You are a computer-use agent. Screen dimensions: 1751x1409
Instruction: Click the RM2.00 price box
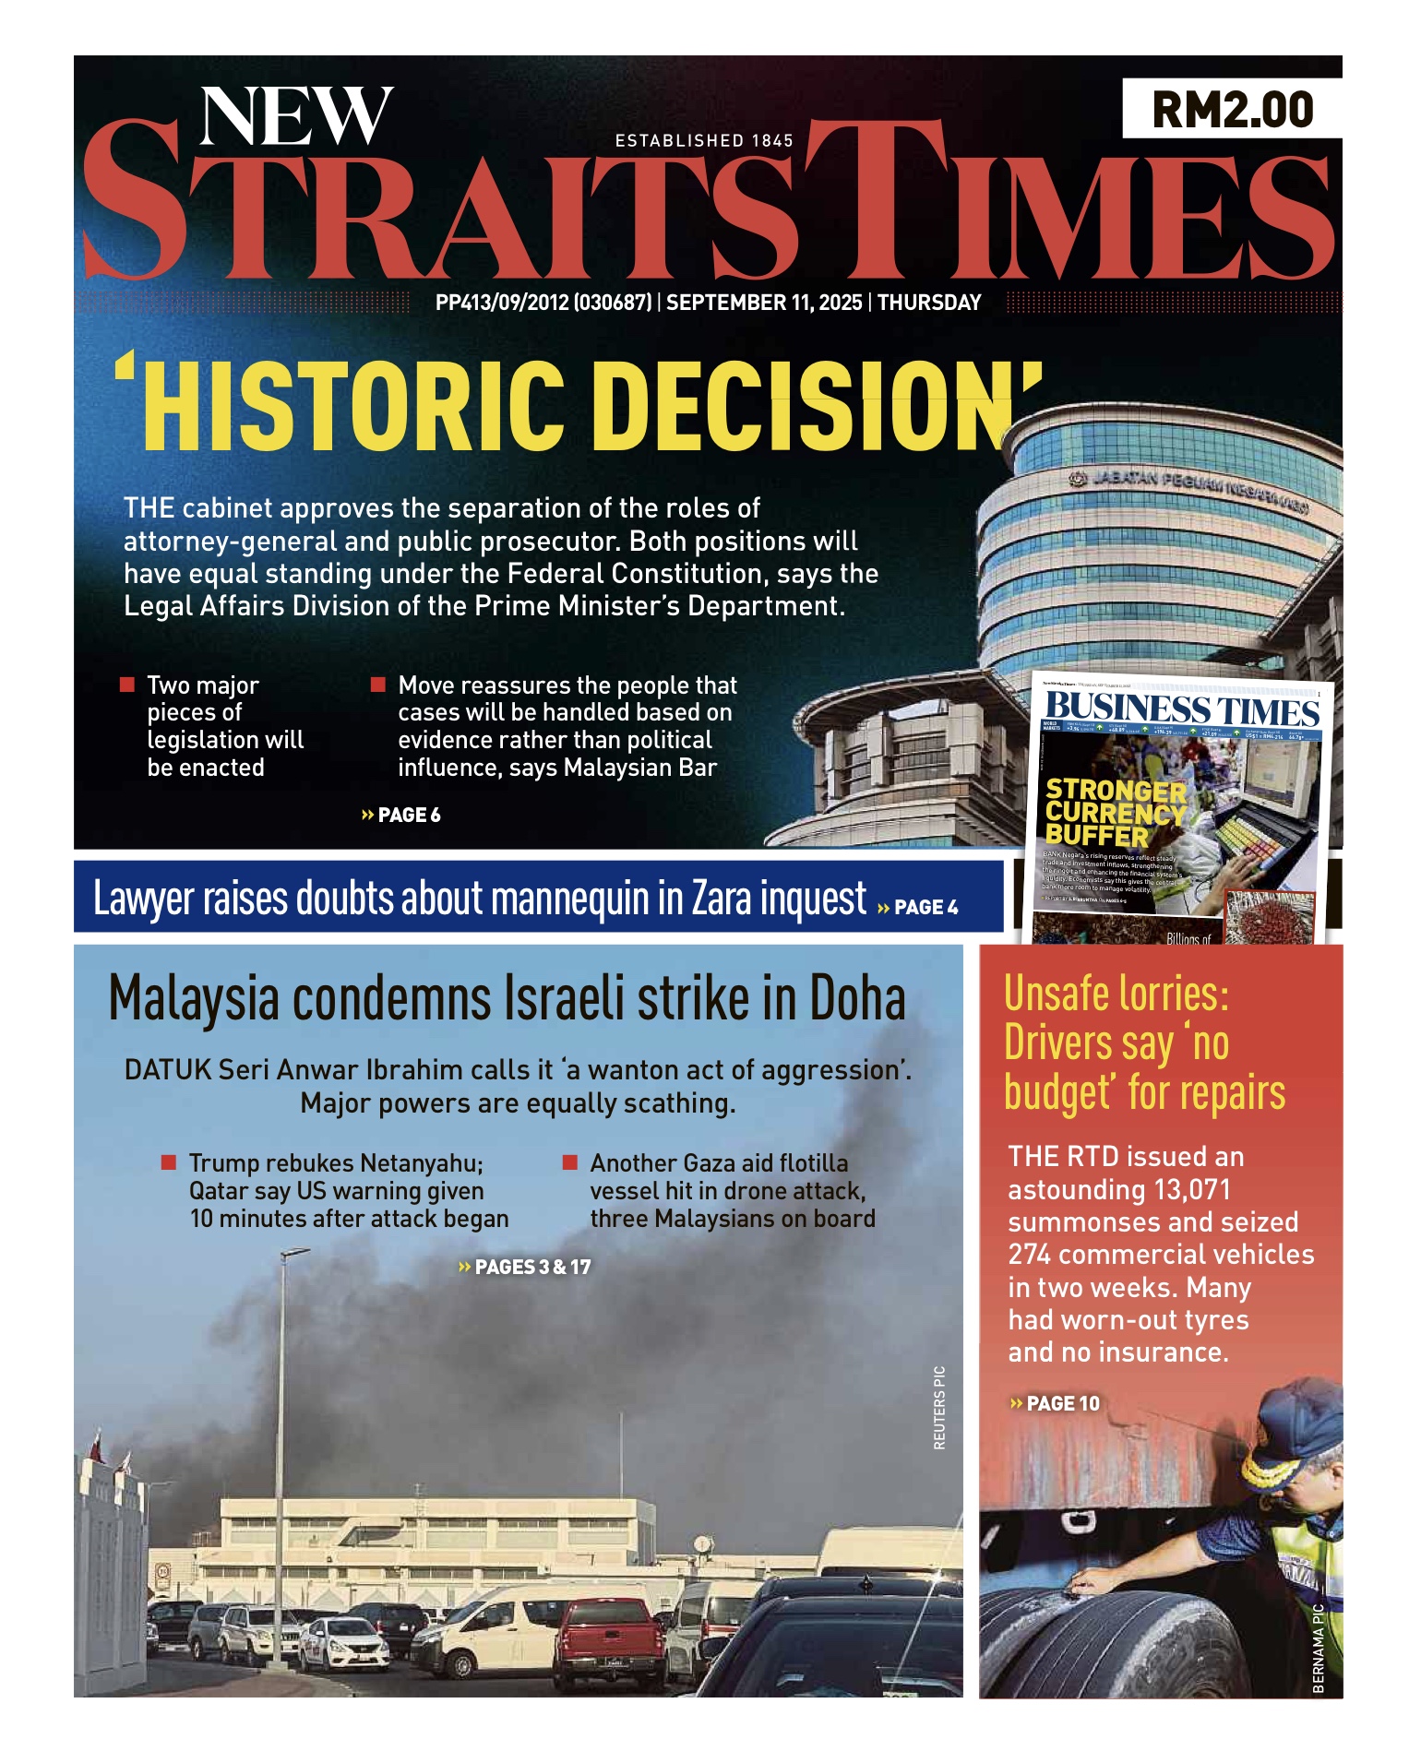point(1231,109)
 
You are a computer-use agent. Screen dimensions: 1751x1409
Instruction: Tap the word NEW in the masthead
point(296,117)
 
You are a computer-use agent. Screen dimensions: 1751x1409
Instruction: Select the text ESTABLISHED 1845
point(704,140)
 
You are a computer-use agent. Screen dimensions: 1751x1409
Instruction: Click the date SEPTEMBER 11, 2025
point(764,303)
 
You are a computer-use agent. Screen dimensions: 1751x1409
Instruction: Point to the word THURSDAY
point(929,303)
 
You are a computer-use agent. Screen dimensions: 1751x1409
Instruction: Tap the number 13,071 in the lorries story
point(1184,1189)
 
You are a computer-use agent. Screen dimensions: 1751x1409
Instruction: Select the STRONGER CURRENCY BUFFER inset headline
point(1115,813)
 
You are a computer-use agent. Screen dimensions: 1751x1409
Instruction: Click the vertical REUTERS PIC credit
point(939,1407)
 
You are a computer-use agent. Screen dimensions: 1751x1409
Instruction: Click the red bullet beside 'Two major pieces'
point(127,685)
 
